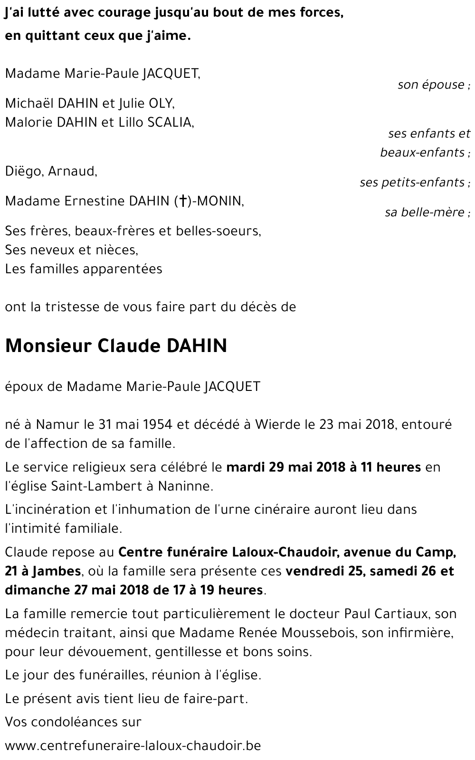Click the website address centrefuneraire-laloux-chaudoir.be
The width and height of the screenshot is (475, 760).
coord(133,745)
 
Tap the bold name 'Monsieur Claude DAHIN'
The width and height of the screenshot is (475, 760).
coord(116,346)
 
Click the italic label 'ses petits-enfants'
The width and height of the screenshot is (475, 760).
coord(411,182)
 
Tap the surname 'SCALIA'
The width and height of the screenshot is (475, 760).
coord(170,122)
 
